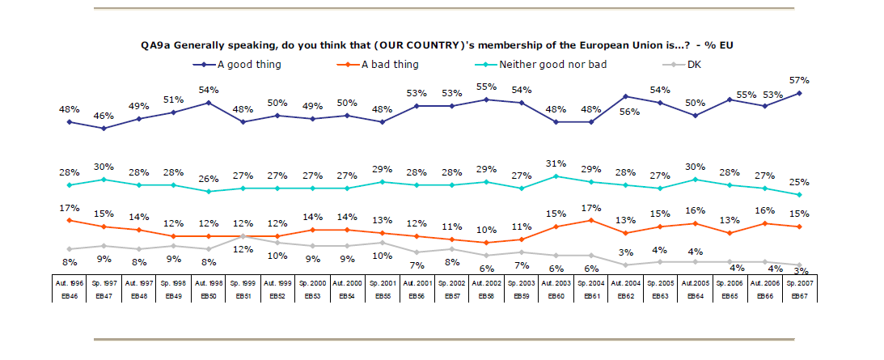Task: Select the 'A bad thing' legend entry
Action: [390, 64]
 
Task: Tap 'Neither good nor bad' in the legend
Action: [552, 64]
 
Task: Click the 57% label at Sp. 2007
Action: [799, 80]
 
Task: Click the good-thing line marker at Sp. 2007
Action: [800, 93]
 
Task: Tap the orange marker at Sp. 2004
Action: [591, 220]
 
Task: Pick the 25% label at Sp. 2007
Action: [800, 182]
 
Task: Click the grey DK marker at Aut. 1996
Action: [70, 249]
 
